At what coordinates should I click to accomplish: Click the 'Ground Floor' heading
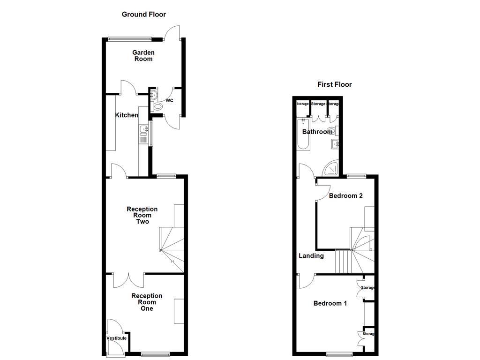[x=143, y=15]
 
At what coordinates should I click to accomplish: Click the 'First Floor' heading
[x=334, y=84]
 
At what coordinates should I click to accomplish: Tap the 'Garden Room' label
[x=143, y=56]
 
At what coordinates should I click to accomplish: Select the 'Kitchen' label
[x=127, y=115]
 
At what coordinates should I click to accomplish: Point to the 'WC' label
[x=169, y=101]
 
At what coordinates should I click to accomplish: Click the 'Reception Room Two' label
[x=142, y=215]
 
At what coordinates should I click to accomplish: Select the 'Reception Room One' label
[x=147, y=302]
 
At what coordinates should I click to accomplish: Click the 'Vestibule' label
[x=116, y=338]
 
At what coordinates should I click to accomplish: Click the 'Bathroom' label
[x=317, y=132]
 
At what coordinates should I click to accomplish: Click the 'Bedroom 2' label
[x=345, y=195]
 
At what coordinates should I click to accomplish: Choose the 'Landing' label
[x=311, y=256]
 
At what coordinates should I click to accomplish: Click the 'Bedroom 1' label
[x=330, y=303]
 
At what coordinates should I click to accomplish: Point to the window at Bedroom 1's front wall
[x=340, y=354]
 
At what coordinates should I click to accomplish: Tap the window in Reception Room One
[x=155, y=354]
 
